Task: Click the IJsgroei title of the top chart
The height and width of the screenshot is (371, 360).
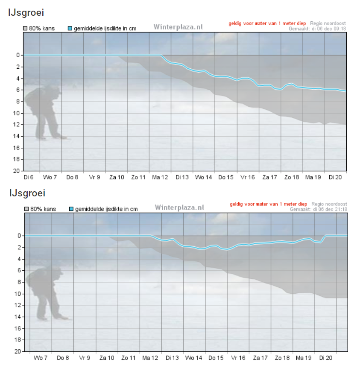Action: point(26,12)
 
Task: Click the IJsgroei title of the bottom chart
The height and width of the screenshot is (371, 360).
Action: point(27,193)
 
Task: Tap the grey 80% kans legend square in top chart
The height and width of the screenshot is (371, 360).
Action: point(25,29)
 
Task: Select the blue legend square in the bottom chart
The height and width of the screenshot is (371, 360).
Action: point(71,209)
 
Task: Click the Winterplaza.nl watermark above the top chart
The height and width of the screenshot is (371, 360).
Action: point(178,27)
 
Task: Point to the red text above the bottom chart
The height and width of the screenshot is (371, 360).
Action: point(269,204)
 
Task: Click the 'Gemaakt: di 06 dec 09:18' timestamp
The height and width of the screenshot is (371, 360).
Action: point(317,29)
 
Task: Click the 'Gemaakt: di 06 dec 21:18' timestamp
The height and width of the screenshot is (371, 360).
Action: point(319,209)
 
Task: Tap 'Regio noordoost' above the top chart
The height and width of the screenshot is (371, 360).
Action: point(328,23)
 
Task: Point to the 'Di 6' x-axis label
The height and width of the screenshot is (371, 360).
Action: point(29,177)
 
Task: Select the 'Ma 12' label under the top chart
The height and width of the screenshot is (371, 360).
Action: point(160,177)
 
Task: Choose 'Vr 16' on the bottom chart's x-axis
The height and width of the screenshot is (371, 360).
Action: point(238,358)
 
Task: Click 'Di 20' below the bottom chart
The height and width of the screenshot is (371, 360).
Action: point(326,358)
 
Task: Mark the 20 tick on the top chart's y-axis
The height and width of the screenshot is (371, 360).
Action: point(16,171)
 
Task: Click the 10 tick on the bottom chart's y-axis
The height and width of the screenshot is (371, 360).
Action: point(18,294)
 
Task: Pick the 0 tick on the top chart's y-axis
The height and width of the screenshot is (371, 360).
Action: point(18,55)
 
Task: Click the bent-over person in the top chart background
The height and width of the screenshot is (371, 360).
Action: point(44,112)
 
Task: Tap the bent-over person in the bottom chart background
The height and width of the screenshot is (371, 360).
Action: point(45,293)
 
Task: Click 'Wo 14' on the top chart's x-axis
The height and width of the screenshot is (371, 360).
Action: point(204,177)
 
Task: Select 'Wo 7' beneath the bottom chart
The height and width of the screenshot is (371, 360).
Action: point(41,358)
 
